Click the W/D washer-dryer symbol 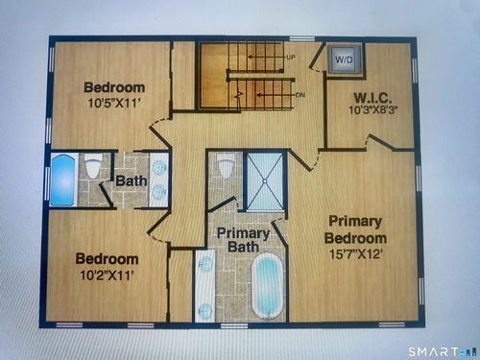(345, 60)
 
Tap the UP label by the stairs (291, 58)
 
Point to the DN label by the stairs (300, 95)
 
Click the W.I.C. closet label (372, 98)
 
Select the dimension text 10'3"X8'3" (372, 110)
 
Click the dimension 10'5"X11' (114, 103)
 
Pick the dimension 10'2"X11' (107, 275)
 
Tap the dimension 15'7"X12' (356, 254)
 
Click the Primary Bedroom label (355, 229)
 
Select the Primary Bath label (243, 240)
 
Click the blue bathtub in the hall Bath (63, 180)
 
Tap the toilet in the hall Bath (93, 165)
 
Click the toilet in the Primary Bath (226, 166)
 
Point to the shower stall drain (265, 181)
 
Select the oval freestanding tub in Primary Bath (268, 286)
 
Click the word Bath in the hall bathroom (132, 181)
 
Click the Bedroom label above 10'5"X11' (114, 87)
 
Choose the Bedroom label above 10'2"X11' (107, 259)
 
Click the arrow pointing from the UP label (266, 58)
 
